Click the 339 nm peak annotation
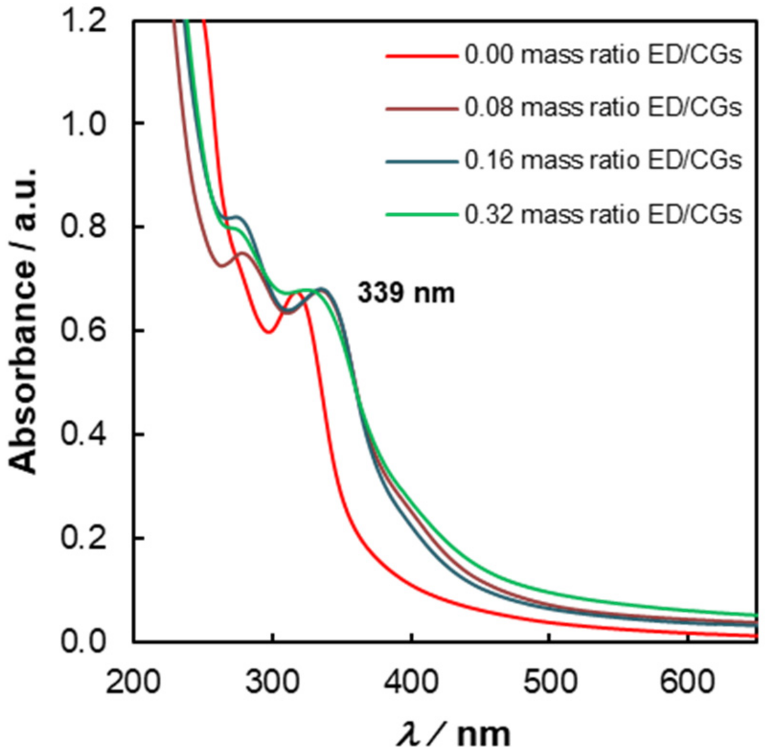(406, 293)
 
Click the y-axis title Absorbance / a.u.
(23, 321)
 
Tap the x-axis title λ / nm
(453, 733)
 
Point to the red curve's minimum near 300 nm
(269, 331)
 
